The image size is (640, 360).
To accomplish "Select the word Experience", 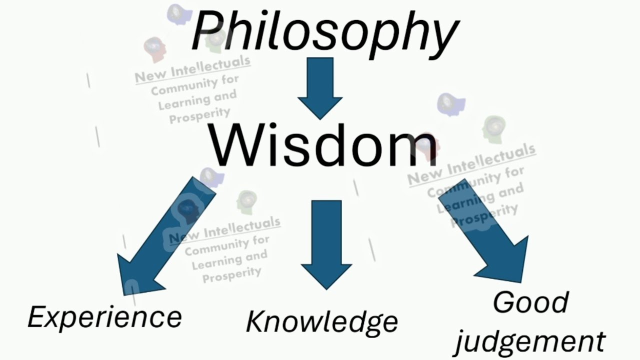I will coord(104,317).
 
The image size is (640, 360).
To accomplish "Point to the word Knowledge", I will coord(322,321).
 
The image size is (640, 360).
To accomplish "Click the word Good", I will coord(530,302).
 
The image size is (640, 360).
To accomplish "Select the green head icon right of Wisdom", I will coord(494,127).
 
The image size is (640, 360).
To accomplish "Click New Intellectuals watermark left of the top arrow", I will coord(192,68).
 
